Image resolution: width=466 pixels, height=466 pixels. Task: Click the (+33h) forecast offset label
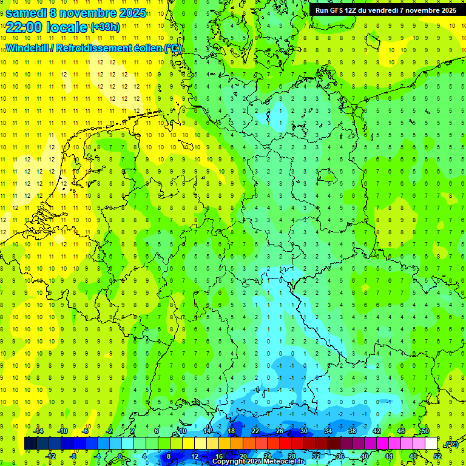pos(105,27)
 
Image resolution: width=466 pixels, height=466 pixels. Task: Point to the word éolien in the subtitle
pos(149,49)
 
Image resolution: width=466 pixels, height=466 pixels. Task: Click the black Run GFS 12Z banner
pos(386,10)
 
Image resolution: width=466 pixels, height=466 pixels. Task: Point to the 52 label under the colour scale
pos(437,456)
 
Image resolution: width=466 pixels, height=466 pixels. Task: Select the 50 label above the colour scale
pos(425,431)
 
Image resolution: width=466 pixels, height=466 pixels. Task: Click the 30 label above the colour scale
pos(304,431)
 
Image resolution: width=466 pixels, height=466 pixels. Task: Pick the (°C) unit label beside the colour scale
pos(451,444)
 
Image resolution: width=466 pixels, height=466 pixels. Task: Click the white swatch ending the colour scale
pos(431,444)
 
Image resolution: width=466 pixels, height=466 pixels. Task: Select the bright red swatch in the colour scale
pos(286,444)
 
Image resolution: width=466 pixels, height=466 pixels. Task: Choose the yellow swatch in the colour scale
pos(201,444)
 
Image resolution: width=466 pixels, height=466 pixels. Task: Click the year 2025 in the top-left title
pos(130,13)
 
